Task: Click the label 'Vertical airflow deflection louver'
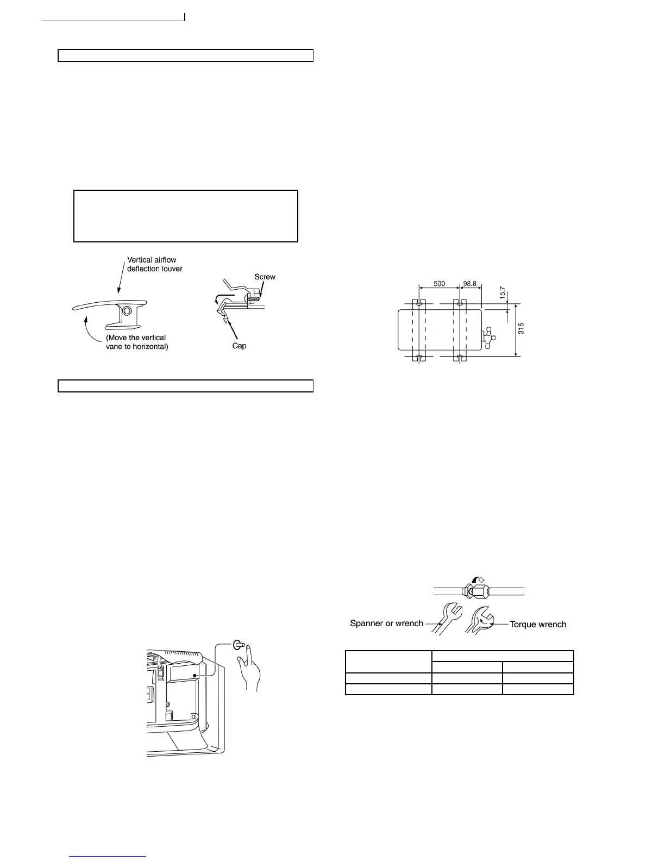[154, 264]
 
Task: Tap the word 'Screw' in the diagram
[265, 277]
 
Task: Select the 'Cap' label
[239, 346]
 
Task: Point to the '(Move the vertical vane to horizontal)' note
[136, 342]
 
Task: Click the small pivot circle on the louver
[127, 311]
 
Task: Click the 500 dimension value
[438, 284]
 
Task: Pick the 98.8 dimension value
[470, 284]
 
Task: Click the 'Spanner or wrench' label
[386, 623]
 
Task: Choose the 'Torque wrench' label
[538, 624]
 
